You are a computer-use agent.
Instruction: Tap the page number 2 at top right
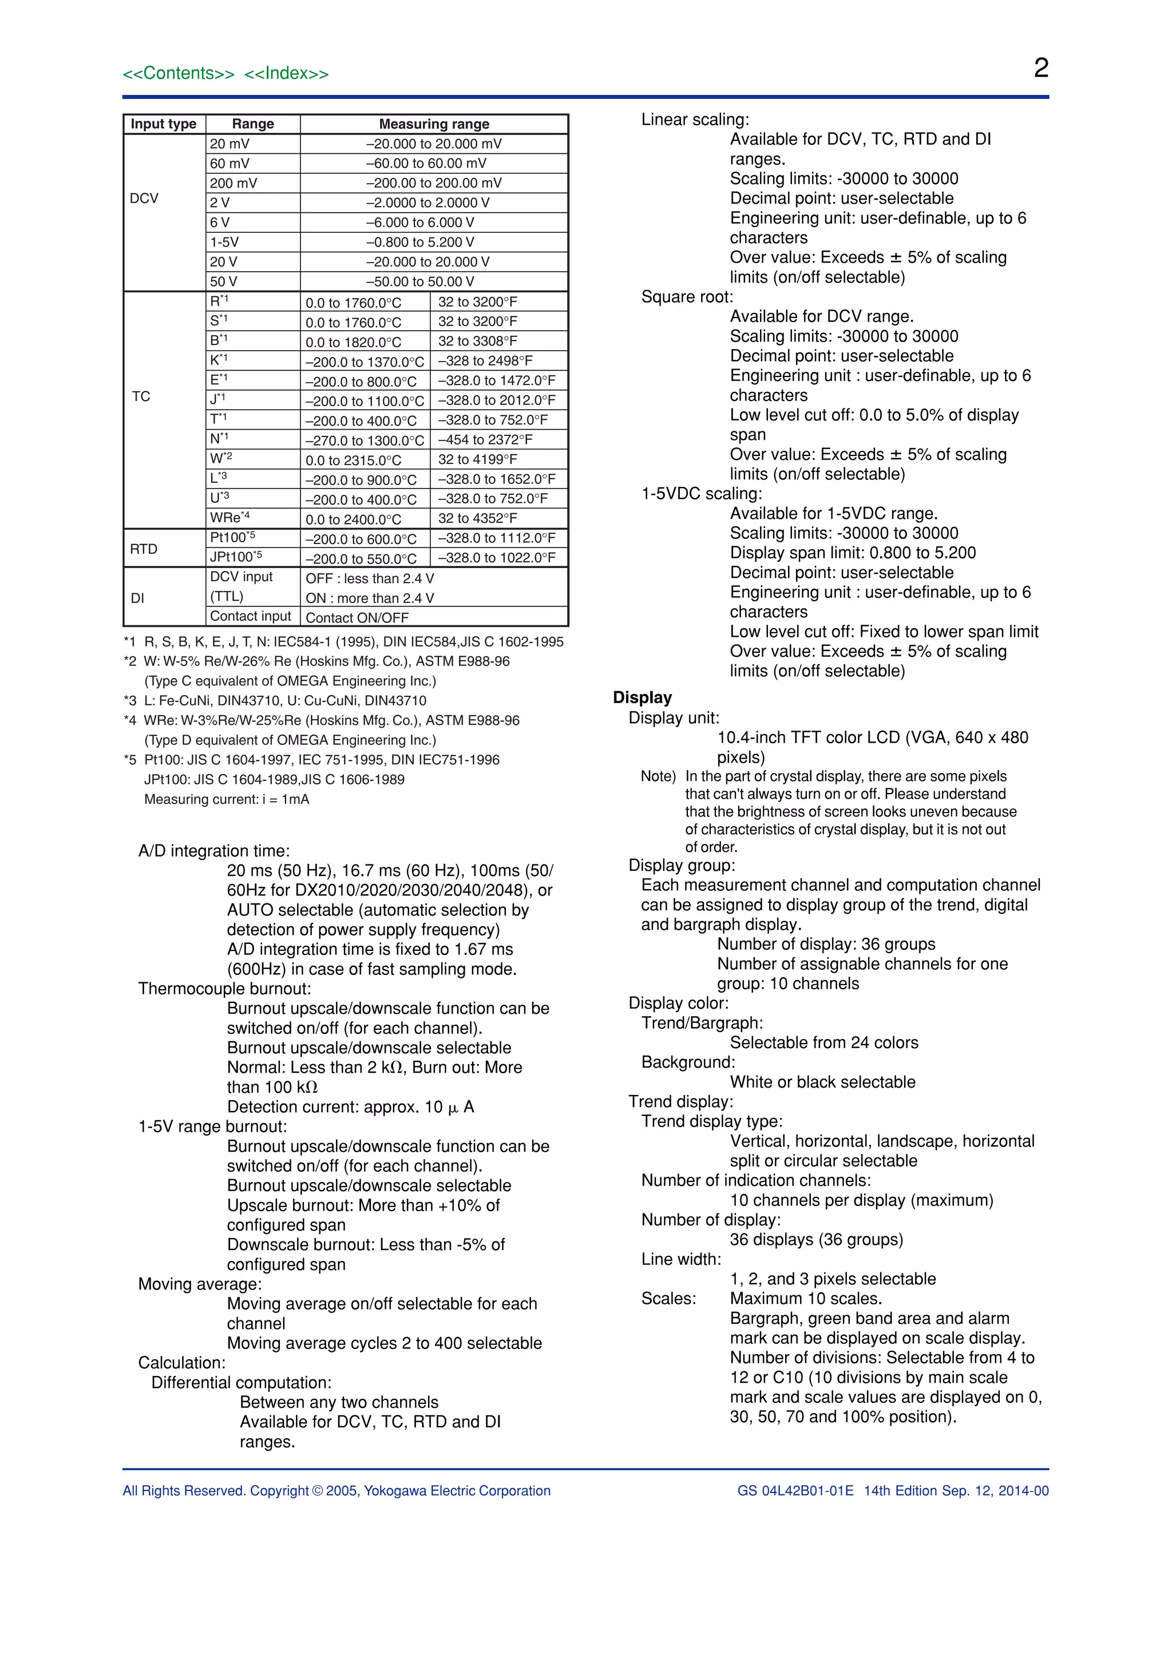tap(1040, 68)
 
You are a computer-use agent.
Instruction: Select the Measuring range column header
tap(434, 124)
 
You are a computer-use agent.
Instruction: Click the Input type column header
tap(164, 124)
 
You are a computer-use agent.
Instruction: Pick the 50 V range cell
tap(224, 281)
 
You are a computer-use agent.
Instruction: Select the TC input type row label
tap(141, 396)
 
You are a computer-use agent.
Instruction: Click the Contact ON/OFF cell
tap(358, 617)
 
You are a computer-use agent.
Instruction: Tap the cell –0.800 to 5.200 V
tap(420, 242)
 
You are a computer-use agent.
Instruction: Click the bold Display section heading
tap(642, 697)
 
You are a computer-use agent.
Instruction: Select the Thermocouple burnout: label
tap(224, 989)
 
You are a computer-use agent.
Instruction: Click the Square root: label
tap(687, 297)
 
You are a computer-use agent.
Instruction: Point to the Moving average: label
tap(200, 1284)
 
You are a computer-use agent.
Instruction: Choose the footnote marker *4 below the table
tap(130, 720)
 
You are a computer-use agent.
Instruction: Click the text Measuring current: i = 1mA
tap(227, 799)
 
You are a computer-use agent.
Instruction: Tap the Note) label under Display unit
tap(658, 776)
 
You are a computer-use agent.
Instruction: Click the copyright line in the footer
tap(336, 1490)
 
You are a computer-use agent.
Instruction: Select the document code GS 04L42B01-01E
tap(795, 1490)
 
